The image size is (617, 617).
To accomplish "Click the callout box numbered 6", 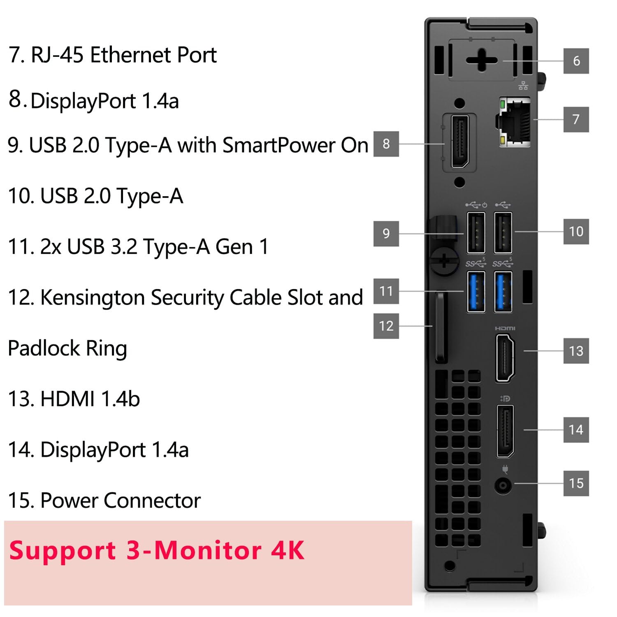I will click(576, 61).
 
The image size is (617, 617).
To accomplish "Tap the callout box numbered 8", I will click(386, 144).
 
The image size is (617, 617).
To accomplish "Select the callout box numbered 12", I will click(386, 326).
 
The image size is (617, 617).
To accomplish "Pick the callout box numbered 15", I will click(576, 483).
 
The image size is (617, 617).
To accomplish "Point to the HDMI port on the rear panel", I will click(505, 358).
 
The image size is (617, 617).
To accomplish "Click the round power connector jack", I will click(503, 486).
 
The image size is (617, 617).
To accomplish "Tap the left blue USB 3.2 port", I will click(476, 292).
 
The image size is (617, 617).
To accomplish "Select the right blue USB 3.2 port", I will click(503, 292).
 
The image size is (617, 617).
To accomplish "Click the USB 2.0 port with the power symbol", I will click(476, 232).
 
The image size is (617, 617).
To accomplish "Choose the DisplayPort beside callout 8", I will click(460, 142).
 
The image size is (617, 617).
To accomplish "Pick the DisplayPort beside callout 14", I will click(505, 431).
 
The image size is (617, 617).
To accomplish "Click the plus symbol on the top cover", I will click(481, 60).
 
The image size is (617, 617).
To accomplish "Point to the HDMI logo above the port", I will click(505, 328).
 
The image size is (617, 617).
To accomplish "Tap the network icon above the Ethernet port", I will click(523, 86).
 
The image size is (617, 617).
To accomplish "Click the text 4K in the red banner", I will click(288, 550).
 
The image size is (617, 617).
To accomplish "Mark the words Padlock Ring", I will click(67, 348).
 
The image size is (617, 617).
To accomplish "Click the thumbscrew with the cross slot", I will click(444, 260).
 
